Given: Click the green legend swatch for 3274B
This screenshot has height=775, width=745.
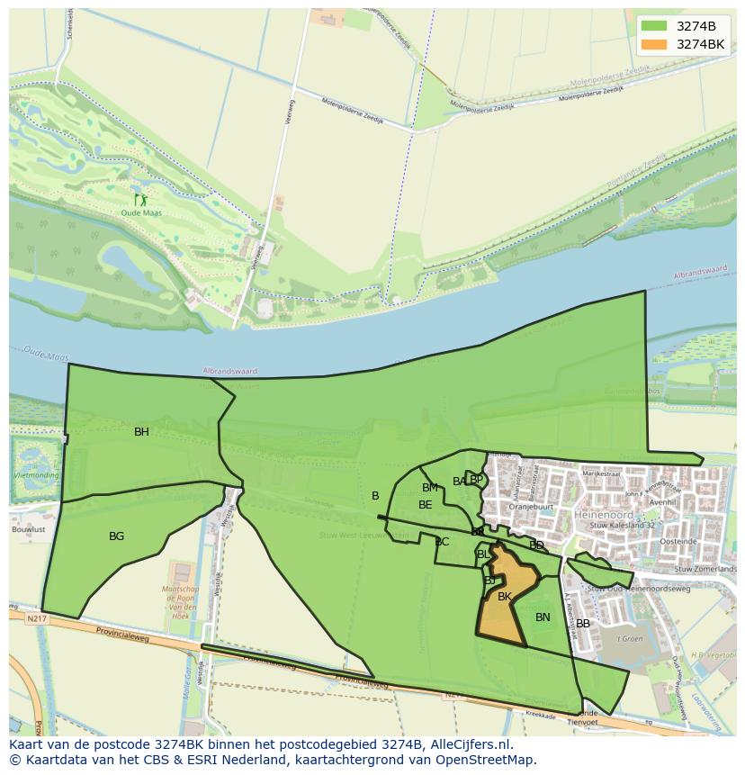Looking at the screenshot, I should [x=654, y=26].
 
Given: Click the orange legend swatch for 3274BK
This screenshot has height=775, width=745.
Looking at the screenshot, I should [x=654, y=44].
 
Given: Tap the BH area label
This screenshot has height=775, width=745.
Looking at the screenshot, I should [x=141, y=432].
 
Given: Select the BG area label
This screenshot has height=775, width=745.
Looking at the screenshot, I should [x=116, y=536].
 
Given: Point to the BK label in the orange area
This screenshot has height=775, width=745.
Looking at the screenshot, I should [x=505, y=597].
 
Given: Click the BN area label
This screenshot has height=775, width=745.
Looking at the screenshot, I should [x=543, y=617].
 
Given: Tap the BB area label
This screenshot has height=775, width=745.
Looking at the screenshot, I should [x=583, y=624].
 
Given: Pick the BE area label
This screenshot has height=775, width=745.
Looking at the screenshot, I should [x=425, y=505].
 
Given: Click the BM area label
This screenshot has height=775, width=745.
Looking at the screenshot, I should [x=430, y=488].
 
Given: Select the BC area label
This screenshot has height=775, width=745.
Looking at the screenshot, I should [x=441, y=542].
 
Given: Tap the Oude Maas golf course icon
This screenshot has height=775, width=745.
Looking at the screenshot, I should [x=140, y=200].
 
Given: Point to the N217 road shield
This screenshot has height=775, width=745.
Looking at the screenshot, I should [x=36, y=619].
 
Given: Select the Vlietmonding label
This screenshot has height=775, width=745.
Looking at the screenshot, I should [x=36, y=475].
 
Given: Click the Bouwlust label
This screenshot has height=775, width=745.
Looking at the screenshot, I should [x=28, y=530].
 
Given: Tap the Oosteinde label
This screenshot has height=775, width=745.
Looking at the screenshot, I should [x=678, y=542].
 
